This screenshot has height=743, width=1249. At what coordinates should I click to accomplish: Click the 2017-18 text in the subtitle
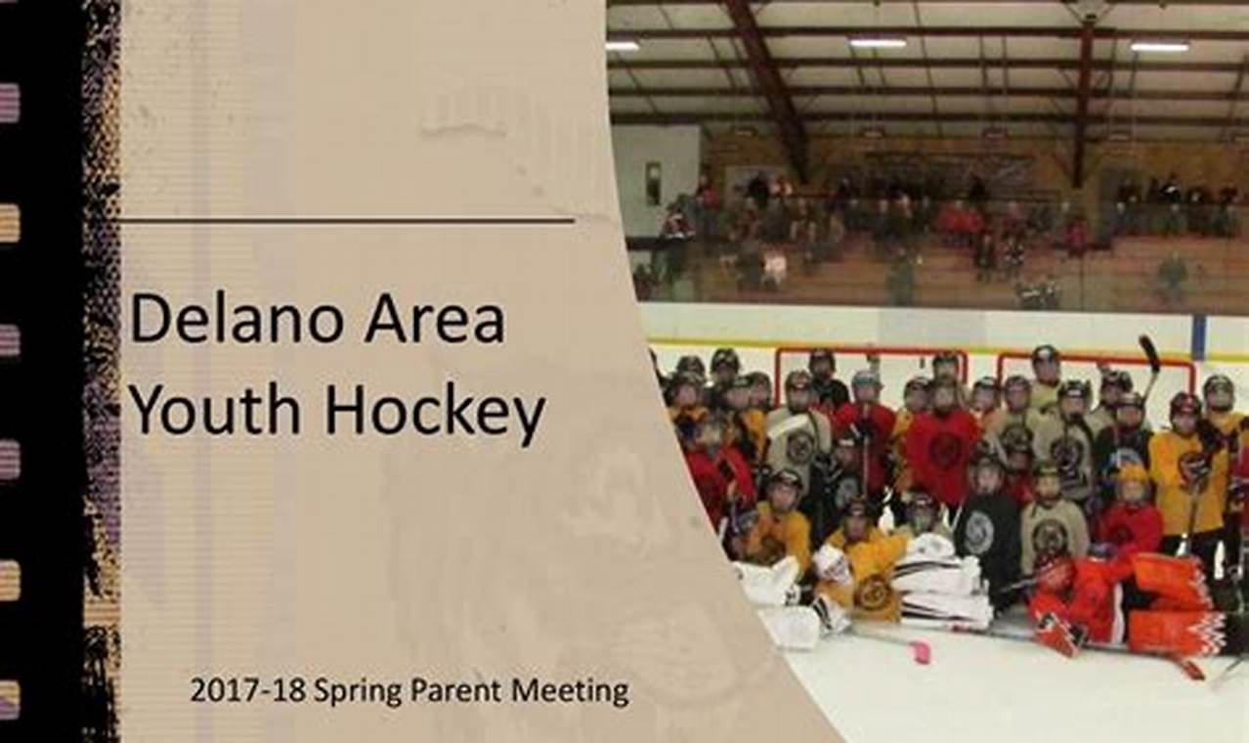pyautogui.click(x=248, y=690)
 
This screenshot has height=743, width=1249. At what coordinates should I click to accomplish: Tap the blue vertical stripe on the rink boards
pyautogui.click(x=1200, y=336)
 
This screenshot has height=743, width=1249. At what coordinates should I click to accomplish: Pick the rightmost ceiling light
pyautogui.click(x=1160, y=47)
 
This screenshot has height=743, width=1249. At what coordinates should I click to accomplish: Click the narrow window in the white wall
pyautogui.click(x=653, y=183)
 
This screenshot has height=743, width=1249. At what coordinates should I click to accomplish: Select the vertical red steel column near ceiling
pyautogui.click(x=1085, y=101)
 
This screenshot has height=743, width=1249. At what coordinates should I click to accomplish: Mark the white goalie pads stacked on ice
pyautogui.click(x=942, y=580)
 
